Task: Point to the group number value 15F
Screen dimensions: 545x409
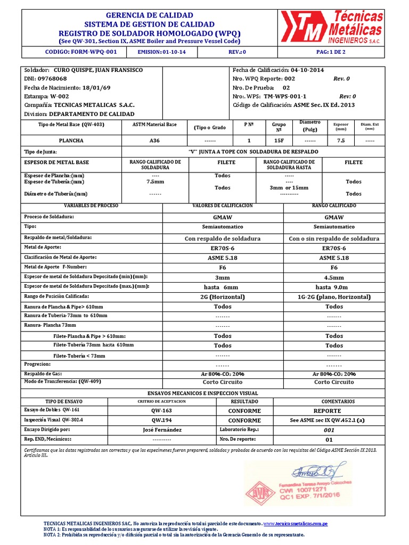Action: tap(279, 141)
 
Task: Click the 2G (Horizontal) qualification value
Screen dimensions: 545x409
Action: tap(223, 296)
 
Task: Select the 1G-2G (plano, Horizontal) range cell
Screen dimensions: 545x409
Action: tap(334, 296)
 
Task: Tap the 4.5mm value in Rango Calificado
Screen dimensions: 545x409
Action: tap(334, 277)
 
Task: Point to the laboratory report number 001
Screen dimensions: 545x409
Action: tap(329, 430)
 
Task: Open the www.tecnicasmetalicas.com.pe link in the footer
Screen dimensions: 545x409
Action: tap(296, 524)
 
